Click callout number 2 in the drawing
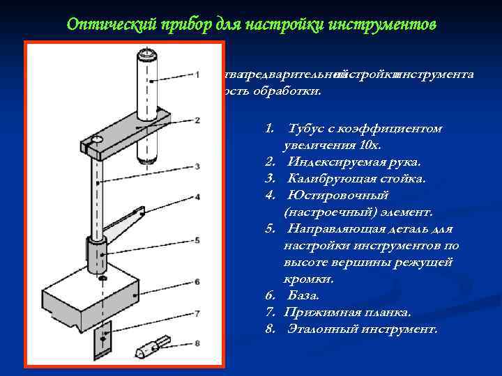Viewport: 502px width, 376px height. pos(198,120)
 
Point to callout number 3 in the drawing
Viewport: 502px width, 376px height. pos(198,166)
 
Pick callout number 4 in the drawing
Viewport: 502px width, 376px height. pos(198,197)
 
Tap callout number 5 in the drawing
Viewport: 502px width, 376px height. pos(198,240)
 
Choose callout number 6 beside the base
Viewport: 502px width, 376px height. pos(198,281)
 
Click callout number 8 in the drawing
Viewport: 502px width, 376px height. pos(198,343)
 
